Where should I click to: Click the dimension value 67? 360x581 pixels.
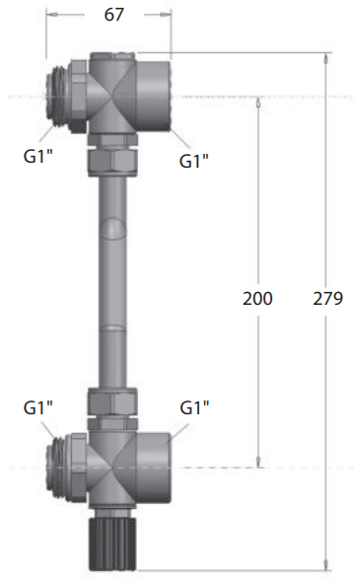(113, 15)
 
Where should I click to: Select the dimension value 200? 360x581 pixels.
(257, 298)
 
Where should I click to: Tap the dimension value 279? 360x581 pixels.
(328, 298)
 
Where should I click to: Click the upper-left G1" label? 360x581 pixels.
(38, 156)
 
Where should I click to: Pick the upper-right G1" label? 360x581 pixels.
(194, 161)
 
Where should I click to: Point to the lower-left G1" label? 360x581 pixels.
(38, 407)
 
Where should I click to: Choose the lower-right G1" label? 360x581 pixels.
(194, 407)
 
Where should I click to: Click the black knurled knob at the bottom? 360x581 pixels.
(112, 544)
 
